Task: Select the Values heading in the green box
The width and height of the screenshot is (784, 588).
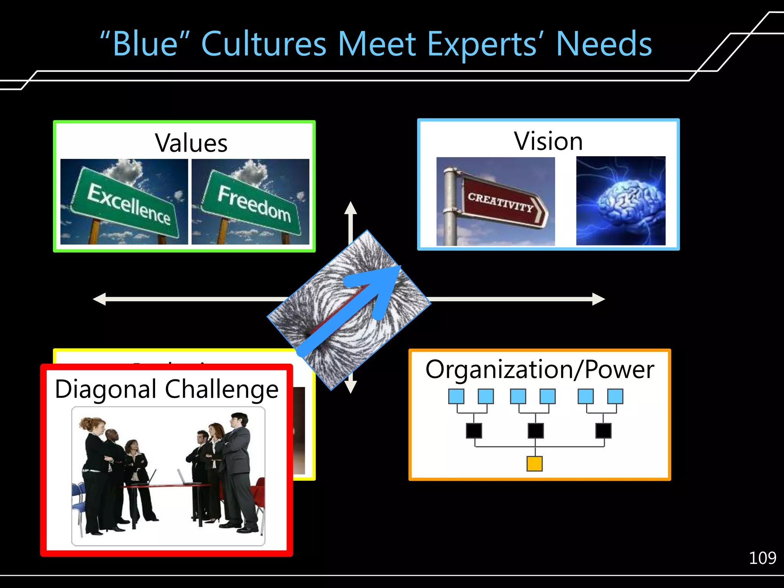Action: [191, 143]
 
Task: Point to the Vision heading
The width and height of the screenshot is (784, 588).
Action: [548, 141]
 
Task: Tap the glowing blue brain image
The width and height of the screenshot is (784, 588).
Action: [621, 201]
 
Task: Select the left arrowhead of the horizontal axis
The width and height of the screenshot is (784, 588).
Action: [100, 299]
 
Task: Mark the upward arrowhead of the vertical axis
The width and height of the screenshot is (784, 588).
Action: [351, 208]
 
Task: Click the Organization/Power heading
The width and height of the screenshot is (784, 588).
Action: [540, 370]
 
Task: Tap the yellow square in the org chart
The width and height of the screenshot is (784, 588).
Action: [534, 464]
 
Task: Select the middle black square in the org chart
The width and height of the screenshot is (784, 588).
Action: [536, 431]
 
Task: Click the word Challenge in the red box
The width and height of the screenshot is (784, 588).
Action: [222, 389]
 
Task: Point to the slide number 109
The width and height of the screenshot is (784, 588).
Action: [762, 558]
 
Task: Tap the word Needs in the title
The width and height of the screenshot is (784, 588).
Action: [604, 44]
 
